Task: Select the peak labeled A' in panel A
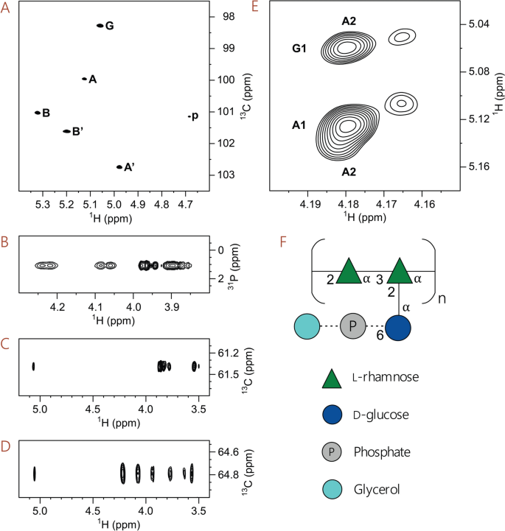(x=119, y=167)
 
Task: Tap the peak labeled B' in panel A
(x=66, y=131)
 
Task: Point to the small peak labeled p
(x=189, y=116)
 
